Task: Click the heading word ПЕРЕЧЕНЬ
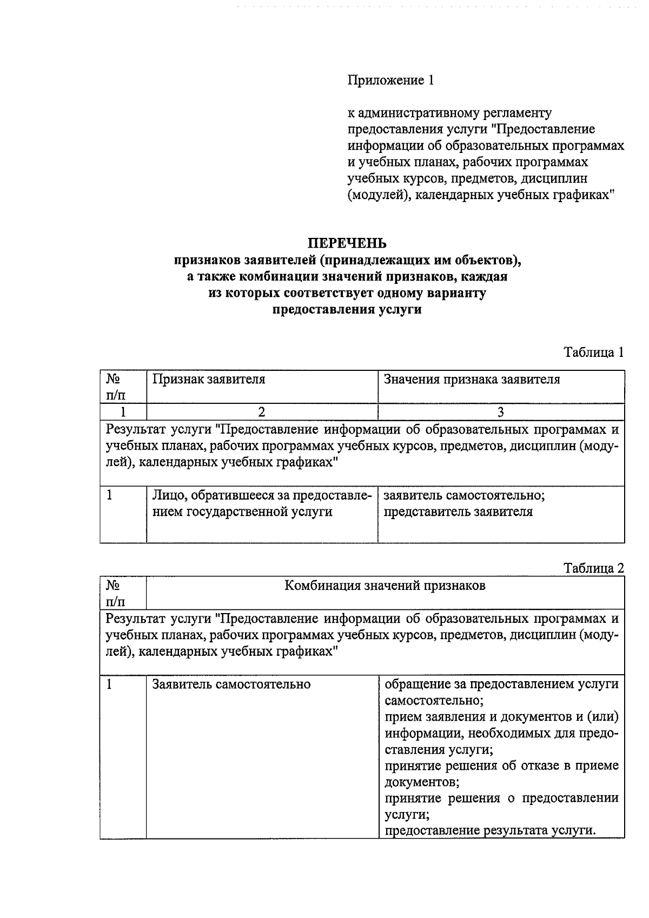tap(347, 243)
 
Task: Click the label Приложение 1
tap(390, 81)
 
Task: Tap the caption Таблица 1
tap(593, 352)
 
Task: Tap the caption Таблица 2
tap(593, 568)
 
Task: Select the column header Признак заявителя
tap(209, 379)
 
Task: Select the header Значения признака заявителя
tap(472, 379)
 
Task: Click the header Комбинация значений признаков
tap(385, 586)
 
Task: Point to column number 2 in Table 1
tap(262, 412)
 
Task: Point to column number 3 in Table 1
tap(501, 412)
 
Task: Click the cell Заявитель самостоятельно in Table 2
tap(231, 684)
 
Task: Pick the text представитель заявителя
tap(458, 512)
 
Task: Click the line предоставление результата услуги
tap(490, 830)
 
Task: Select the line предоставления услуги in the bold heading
tap(347, 310)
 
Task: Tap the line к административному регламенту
tap(449, 113)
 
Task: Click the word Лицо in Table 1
tap(164, 495)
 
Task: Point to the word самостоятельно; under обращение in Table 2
tap(434, 701)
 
